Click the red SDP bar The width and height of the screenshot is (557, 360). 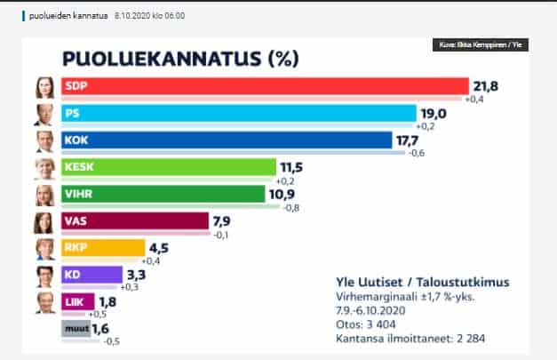(263, 86)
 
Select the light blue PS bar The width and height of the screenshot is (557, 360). (237, 114)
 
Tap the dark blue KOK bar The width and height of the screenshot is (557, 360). (226, 140)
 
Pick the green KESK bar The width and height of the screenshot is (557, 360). (167, 167)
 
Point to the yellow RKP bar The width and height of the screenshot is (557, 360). (102, 248)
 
